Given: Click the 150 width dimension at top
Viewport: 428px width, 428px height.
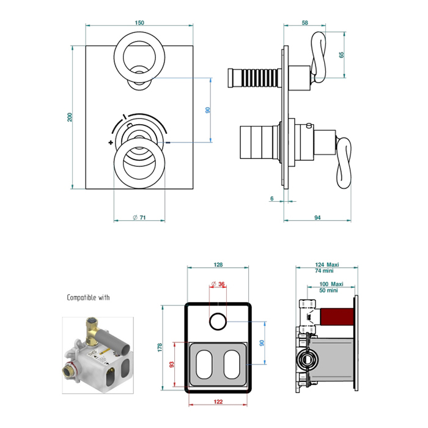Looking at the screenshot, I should (x=139, y=23).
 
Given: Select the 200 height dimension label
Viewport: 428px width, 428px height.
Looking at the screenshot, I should (x=70, y=117).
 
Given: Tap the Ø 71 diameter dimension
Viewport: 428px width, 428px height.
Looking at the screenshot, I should (x=139, y=217).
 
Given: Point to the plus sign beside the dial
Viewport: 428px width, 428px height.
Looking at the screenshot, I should (x=110, y=142).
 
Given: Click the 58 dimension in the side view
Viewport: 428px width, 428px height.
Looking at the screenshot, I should (x=304, y=23).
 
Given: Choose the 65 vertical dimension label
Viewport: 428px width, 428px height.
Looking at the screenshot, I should (x=342, y=54).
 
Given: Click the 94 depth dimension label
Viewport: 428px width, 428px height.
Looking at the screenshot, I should (x=317, y=216).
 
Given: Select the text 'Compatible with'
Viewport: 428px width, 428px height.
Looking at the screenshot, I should (x=88, y=298).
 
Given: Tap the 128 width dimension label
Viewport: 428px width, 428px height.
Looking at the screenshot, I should (x=218, y=265).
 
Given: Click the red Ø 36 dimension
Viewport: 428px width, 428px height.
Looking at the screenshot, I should (x=218, y=283).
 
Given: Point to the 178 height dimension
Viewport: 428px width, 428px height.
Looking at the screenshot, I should (x=161, y=347).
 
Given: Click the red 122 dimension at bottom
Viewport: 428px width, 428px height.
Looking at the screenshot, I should (x=218, y=402).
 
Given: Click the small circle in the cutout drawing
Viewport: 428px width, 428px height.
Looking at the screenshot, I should (x=218, y=320).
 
